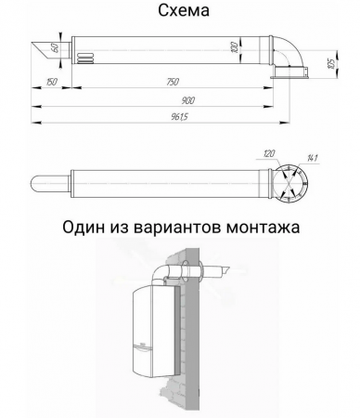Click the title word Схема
coord(179,11)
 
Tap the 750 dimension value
coord(172,84)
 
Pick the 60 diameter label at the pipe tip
coord(56,47)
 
